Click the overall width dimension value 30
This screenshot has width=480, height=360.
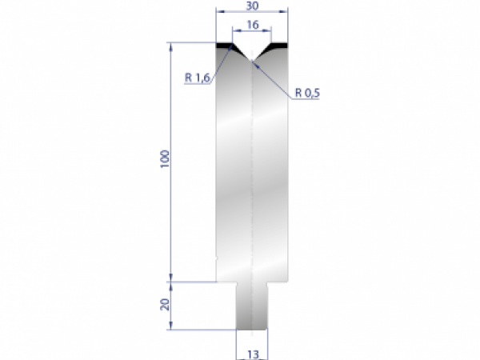(252, 6)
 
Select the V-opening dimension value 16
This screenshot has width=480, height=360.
(252, 26)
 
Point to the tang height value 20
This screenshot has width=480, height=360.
(164, 305)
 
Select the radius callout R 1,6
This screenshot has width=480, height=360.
(197, 78)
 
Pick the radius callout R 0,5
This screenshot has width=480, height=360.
(306, 92)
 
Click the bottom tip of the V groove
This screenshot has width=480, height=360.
(252, 60)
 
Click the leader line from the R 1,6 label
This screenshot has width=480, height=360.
(224, 64)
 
